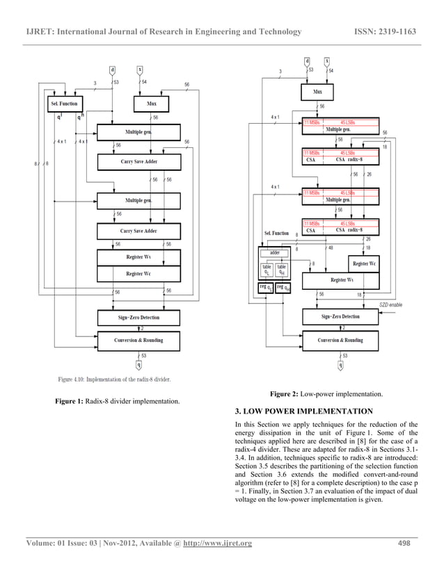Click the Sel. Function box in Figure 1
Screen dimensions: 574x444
pyautogui.click(x=64, y=104)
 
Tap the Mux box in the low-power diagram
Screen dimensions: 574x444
pyautogui.click(x=317, y=90)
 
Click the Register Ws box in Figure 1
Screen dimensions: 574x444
pyautogui.click(x=138, y=257)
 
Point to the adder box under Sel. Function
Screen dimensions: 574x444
pyautogui.click(x=274, y=253)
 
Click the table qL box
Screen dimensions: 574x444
pyautogui.click(x=266, y=270)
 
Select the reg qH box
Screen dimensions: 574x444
pyautogui.click(x=283, y=287)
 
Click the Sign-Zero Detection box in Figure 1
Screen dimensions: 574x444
pyautogui.click(x=138, y=318)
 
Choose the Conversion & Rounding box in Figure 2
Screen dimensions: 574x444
pyautogui.click(x=340, y=340)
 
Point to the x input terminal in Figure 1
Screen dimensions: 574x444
pyautogui.click(x=139, y=69)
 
